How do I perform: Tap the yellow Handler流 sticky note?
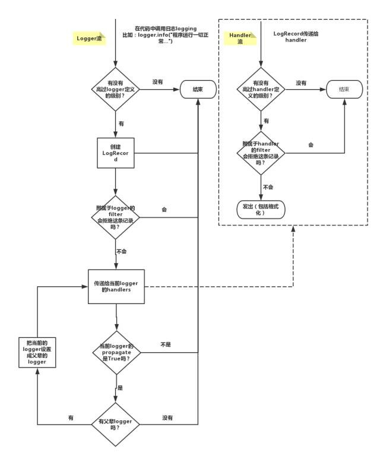pos(240,39)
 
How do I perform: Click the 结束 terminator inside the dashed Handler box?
pos(343,89)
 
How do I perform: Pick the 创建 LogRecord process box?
pos(116,153)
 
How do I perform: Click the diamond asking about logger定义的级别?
pos(116,89)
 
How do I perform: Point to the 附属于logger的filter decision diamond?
pos(116,217)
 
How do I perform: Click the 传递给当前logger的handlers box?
pos(116,287)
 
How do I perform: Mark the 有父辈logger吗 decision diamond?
pos(116,425)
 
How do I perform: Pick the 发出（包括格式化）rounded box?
pos(261,210)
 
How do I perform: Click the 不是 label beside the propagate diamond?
pos(166,344)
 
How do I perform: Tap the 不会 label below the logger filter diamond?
pos(122,251)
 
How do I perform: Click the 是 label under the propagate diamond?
pos(121,387)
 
